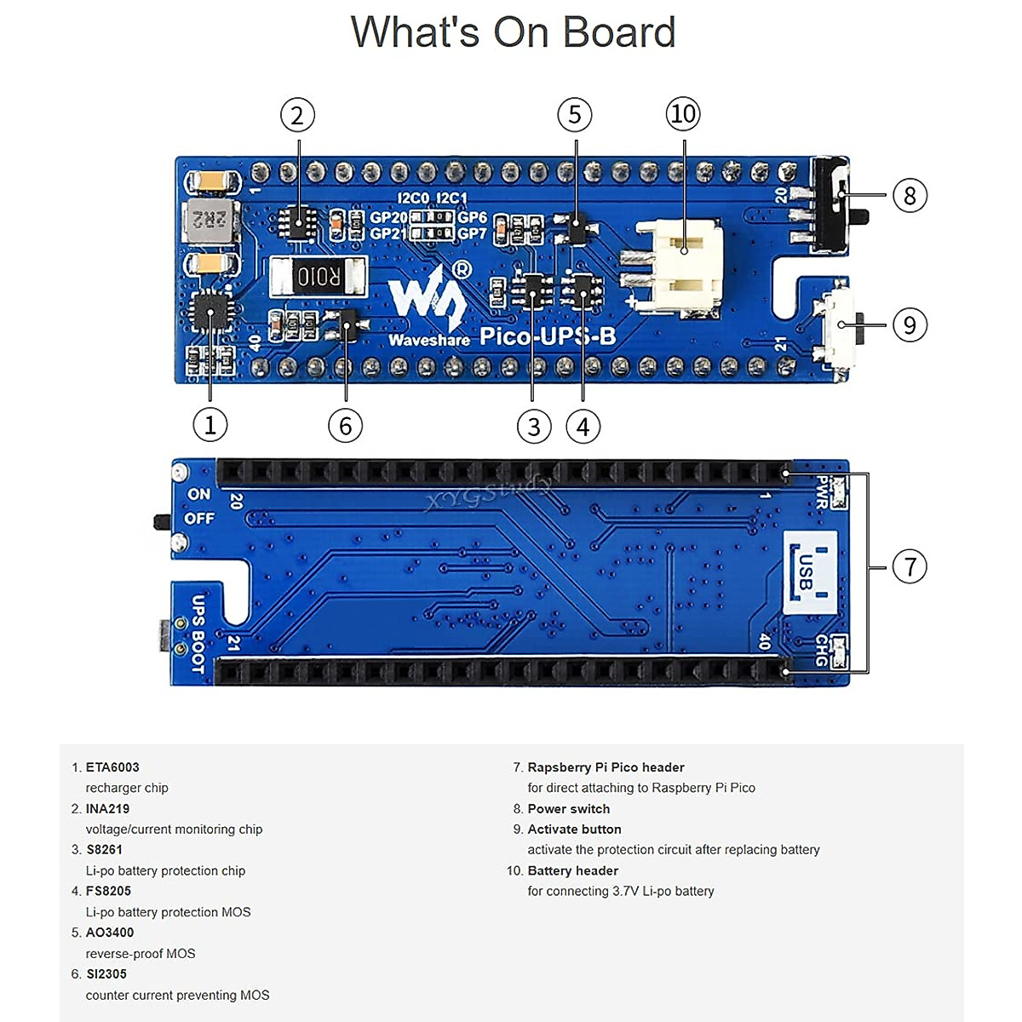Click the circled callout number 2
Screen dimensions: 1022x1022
tap(297, 115)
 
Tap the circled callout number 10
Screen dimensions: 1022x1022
tap(682, 114)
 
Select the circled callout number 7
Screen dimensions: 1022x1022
tap(910, 566)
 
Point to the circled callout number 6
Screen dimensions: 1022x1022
tap(345, 426)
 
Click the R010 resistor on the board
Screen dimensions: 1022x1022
tap(318, 277)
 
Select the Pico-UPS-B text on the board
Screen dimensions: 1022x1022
tap(548, 336)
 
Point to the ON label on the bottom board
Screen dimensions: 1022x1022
tap(199, 494)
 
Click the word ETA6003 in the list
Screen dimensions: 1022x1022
tap(112, 767)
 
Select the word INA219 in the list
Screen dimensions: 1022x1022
tap(107, 808)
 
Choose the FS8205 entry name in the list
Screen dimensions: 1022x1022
tap(108, 891)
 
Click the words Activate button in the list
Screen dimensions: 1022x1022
tap(574, 829)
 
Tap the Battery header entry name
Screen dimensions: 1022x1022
tap(572, 870)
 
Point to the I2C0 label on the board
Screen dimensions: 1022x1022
tap(414, 198)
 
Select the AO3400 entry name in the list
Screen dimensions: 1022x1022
tap(110, 932)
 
